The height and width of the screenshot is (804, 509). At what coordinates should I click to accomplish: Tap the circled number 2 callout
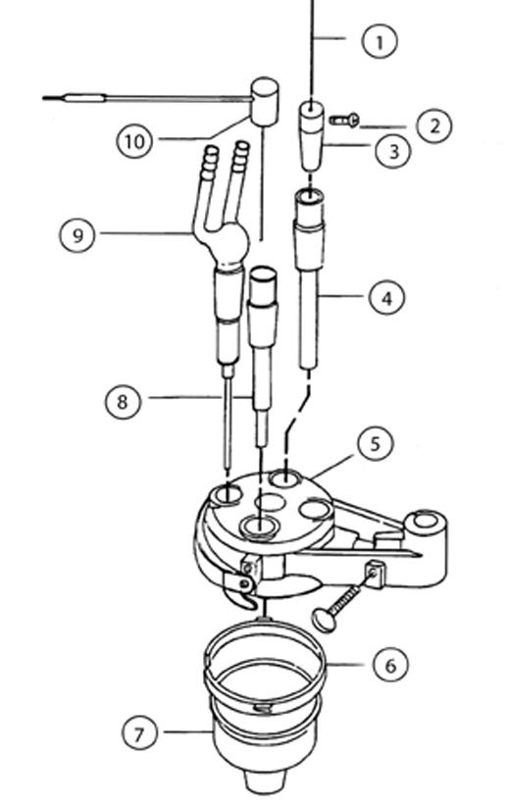click(433, 125)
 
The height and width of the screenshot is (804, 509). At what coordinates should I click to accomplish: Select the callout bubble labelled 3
click(392, 152)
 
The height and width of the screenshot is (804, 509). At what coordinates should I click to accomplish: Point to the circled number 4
click(387, 296)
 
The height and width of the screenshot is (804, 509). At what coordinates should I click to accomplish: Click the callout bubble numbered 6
click(388, 664)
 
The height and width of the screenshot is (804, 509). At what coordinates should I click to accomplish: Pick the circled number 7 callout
click(142, 732)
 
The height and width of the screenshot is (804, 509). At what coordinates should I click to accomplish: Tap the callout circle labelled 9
click(78, 234)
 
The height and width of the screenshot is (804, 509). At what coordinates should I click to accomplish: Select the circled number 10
click(134, 140)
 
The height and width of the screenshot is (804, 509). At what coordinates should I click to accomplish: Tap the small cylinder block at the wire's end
click(264, 101)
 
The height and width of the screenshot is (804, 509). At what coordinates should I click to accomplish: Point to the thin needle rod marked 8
click(227, 422)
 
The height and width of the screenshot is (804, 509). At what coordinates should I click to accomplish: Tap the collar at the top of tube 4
click(310, 211)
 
